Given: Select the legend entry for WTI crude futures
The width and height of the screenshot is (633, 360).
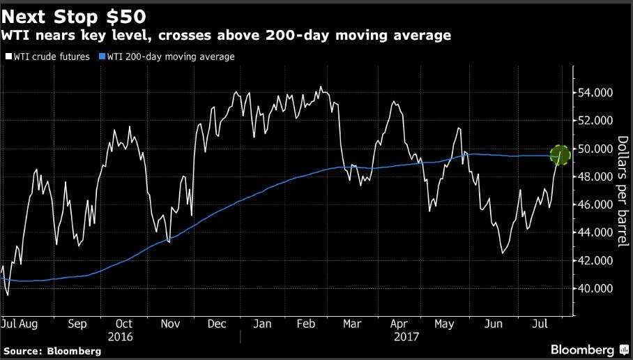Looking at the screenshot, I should tap(47, 57).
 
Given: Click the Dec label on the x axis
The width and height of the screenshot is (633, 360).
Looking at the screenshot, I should tap(217, 324).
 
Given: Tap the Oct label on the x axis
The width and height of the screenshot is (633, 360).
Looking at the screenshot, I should tap(123, 324).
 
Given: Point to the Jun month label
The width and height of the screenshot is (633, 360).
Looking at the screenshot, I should tap(494, 324).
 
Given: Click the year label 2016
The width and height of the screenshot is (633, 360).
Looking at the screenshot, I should tap(123, 336).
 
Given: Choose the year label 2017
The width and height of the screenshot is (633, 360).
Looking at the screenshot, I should tap(405, 336).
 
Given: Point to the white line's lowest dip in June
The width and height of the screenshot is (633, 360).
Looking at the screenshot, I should tap(503, 253).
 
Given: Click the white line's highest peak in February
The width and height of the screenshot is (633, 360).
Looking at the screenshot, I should tap(320, 87).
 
